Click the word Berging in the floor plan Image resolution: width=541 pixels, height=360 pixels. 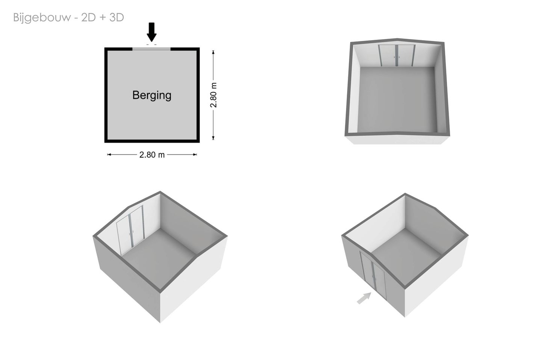pyautogui.click(x=152, y=95)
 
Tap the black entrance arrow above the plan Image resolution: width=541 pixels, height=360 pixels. pyautogui.click(x=152, y=32)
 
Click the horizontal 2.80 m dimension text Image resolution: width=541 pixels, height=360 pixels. pyautogui.click(x=152, y=155)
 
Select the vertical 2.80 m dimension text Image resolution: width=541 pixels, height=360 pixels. pyautogui.click(x=213, y=95)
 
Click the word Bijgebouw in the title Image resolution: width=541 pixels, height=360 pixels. pyautogui.click(x=42, y=18)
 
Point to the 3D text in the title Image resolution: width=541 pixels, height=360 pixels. pyautogui.click(x=116, y=17)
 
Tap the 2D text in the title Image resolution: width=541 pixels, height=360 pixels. pyautogui.click(x=88, y=17)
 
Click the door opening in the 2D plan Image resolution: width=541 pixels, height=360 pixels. pyautogui.click(x=151, y=49)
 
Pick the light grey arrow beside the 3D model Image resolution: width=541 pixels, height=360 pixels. pyautogui.click(x=364, y=298)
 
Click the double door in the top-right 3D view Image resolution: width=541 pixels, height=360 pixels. pyautogui.click(x=397, y=56)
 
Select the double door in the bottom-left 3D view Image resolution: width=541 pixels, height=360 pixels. pyautogui.click(x=131, y=230)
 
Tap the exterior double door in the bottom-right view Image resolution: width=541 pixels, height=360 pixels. pyautogui.click(x=373, y=276)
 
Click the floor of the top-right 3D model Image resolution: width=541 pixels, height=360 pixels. pyautogui.click(x=397, y=99)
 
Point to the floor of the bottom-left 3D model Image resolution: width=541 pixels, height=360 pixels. pyautogui.click(x=159, y=256)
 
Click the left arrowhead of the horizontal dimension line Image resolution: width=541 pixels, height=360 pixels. pyautogui.click(x=109, y=155)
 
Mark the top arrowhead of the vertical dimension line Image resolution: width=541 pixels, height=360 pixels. pyautogui.click(x=213, y=52)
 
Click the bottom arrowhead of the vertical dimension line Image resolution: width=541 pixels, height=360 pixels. pyautogui.click(x=213, y=138)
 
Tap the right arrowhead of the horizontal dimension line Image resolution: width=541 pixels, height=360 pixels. pyautogui.click(x=195, y=155)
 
